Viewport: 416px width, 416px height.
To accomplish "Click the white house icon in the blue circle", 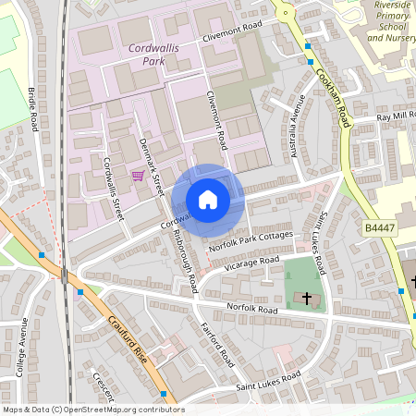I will click(208, 200).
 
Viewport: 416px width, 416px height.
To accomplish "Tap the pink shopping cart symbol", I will click(138, 176).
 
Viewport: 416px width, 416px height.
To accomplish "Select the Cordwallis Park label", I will click(141, 53).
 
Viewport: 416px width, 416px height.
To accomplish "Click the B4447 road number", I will click(379, 226).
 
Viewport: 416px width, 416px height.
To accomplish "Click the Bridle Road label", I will click(36, 109).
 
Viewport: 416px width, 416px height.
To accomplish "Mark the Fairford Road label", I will click(218, 344).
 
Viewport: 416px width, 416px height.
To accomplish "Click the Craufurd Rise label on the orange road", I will click(128, 342).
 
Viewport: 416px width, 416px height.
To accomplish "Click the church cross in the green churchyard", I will click(307, 298).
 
